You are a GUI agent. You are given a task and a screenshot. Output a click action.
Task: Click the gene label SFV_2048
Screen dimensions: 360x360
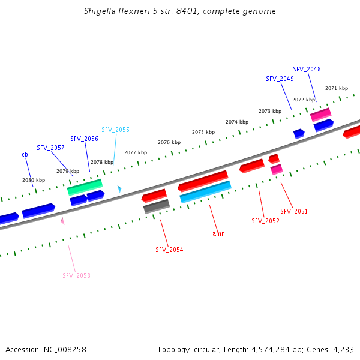[x=307, y=69]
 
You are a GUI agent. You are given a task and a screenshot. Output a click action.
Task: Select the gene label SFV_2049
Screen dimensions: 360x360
[x=280, y=79]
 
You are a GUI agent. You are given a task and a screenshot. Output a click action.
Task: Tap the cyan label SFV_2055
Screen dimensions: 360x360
[x=115, y=130]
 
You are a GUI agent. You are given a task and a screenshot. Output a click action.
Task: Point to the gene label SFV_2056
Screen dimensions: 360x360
[x=84, y=139]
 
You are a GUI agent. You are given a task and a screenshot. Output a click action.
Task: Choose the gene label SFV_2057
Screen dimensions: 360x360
[x=50, y=148]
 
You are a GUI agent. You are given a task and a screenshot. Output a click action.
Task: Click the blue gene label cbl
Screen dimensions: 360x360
[x=26, y=154]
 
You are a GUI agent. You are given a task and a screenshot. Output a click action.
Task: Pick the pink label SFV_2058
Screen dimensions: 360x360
[x=76, y=275]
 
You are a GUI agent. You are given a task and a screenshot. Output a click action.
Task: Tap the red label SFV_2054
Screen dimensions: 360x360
[x=169, y=250]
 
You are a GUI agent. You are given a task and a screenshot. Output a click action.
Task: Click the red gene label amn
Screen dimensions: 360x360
[x=218, y=233]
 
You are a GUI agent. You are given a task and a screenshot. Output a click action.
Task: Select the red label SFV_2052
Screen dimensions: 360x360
[x=265, y=221]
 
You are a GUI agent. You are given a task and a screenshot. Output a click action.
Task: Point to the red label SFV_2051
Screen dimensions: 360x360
[x=294, y=211]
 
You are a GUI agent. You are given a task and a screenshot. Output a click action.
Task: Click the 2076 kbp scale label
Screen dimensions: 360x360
[x=169, y=142]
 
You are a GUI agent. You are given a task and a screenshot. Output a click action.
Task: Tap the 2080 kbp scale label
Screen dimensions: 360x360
[x=34, y=180]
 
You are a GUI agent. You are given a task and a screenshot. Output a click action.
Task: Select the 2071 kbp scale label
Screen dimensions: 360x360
[x=337, y=88]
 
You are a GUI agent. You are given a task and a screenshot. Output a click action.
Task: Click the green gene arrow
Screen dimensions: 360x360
[x=85, y=187]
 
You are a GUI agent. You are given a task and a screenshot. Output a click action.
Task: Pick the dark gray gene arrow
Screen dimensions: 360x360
[x=157, y=206]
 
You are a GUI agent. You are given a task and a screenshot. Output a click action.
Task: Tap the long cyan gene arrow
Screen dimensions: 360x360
[x=205, y=192]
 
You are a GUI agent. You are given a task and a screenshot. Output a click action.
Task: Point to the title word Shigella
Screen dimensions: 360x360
[x=101, y=11]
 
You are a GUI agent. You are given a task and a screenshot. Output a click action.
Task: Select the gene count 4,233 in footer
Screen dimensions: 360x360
[x=343, y=349]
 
